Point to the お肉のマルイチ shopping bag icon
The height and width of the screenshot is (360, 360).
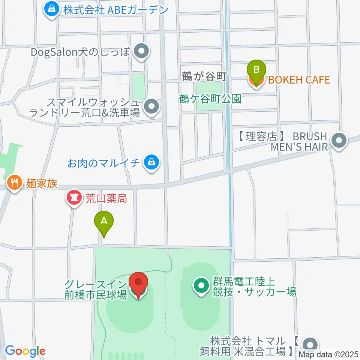click(x=151, y=163)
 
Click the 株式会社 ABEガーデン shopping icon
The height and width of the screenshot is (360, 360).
click(x=51, y=9)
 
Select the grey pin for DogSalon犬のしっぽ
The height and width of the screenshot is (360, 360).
click(x=141, y=52)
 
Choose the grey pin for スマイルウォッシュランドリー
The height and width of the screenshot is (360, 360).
click(x=152, y=106)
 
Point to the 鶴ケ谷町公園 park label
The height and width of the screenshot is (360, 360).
click(x=210, y=99)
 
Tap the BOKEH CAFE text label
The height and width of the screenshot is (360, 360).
click(x=298, y=79)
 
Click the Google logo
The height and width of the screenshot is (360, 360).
click(x=25, y=351)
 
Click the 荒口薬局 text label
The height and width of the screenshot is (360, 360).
click(x=106, y=198)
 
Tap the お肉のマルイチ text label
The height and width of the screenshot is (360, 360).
click(x=103, y=163)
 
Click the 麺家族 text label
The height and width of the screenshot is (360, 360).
click(x=42, y=183)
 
